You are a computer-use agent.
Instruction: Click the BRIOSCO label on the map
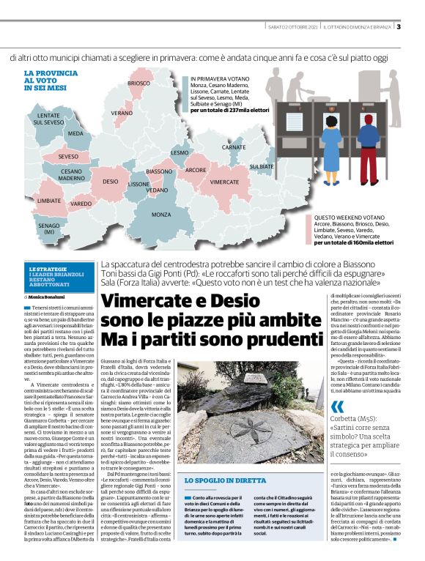coord(139,83)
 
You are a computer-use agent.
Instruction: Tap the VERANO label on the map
coord(122,114)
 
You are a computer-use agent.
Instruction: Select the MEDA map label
coord(75,134)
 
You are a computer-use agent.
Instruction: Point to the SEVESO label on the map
coord(68,157)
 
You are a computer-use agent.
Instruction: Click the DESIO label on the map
coord(111,180)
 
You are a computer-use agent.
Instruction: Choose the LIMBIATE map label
coord(49,200)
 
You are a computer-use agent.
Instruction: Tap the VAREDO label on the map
coord(81,203)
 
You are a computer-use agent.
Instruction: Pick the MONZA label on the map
coord(161,215)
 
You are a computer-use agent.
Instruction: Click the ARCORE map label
coord(196,170)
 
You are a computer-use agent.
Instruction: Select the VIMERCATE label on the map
coord(224,180)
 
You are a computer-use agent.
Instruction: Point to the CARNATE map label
coord(234,147)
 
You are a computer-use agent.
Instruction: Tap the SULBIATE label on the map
coord(261,167)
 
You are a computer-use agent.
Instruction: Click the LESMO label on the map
coord(180,152)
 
